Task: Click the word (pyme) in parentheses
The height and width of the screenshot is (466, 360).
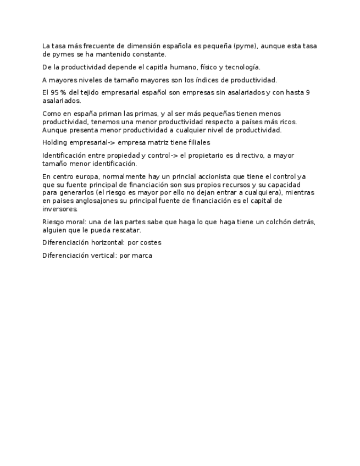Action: pos(245,46)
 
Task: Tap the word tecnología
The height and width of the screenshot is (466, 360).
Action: pos(241,67)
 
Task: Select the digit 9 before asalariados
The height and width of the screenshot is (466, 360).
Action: pos(307,93)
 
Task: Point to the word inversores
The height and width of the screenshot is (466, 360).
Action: pos(60,209)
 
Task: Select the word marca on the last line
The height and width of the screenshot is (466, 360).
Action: pos(142,256)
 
